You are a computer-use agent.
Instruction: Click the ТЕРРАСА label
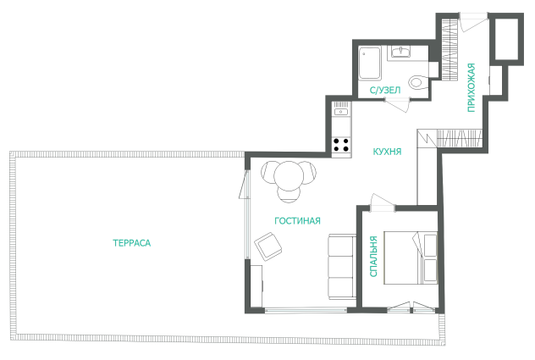tap(132, 243)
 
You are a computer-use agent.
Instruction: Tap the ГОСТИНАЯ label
tap(297, 220)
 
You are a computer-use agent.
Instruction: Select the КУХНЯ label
tap(387, 152)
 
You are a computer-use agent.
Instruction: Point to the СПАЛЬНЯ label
tap(373, 256)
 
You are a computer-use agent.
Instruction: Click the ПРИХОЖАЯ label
tap(472, 87)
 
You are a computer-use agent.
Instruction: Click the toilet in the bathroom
tap(418, 82)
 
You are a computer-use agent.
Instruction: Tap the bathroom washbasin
tap(401, 53)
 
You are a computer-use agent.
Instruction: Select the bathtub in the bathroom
tap(370, 64)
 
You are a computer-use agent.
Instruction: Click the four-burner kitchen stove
tap(341, 145)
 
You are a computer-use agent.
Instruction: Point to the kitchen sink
tap(341, 112)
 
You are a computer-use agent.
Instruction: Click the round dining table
tap(289, 176)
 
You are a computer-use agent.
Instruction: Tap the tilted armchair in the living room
tap(268, 246)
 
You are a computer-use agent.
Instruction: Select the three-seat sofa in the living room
tap(342, 267)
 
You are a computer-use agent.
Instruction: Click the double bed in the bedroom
tap(411, 258)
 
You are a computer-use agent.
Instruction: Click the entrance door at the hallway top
tap(473, 21)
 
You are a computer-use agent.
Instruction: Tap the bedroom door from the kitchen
tap(382, 203)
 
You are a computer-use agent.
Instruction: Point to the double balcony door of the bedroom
tap(411, 307)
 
